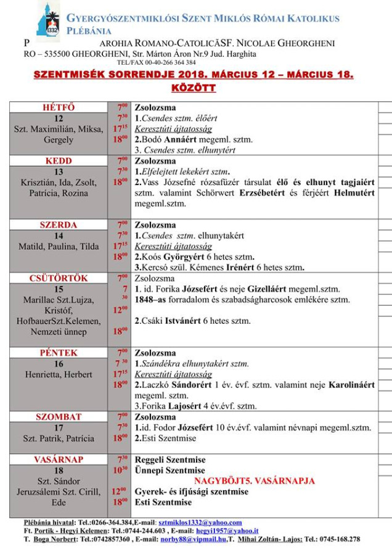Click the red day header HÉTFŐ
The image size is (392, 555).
(59, 107)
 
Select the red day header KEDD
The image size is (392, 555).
(59, 161)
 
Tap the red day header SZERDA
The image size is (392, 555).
(59, 225)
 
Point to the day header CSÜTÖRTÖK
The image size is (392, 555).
(59, 278)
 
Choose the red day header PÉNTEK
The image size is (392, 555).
(59, 353)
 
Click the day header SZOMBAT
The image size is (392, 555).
(59, 417)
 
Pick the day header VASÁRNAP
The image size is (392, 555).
(59, 460)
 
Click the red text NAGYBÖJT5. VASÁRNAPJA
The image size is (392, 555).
(255, 481)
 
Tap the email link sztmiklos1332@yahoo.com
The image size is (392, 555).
(200, 522)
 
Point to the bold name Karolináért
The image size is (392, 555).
(351, 385)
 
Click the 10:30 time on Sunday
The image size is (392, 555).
(119, 471)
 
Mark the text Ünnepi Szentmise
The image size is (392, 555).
(170, 471)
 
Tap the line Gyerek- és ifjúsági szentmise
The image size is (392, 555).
(192, 491)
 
